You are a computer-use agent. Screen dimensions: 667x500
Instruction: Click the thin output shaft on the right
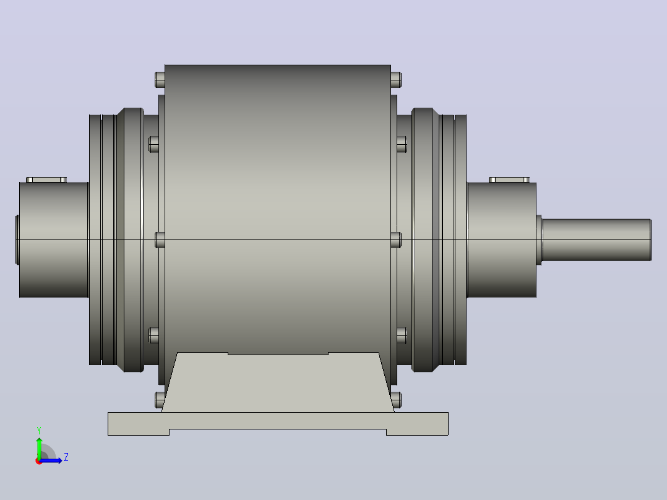[596, 240]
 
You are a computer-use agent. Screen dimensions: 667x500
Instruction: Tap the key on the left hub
[46, 180]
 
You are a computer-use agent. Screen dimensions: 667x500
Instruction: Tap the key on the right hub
[509, 180]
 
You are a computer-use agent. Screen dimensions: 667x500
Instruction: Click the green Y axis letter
[39, 431]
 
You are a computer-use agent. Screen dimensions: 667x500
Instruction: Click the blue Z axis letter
[66, 457]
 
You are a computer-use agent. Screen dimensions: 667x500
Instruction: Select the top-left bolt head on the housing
[160, 80]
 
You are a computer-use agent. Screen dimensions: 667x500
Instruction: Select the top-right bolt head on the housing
[396, 80]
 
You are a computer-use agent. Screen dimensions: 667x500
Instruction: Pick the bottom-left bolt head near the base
[160, 400]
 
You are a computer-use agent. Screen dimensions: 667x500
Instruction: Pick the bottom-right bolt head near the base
[396, 400]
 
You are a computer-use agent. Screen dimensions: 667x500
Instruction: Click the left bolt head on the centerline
[160, 240]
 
